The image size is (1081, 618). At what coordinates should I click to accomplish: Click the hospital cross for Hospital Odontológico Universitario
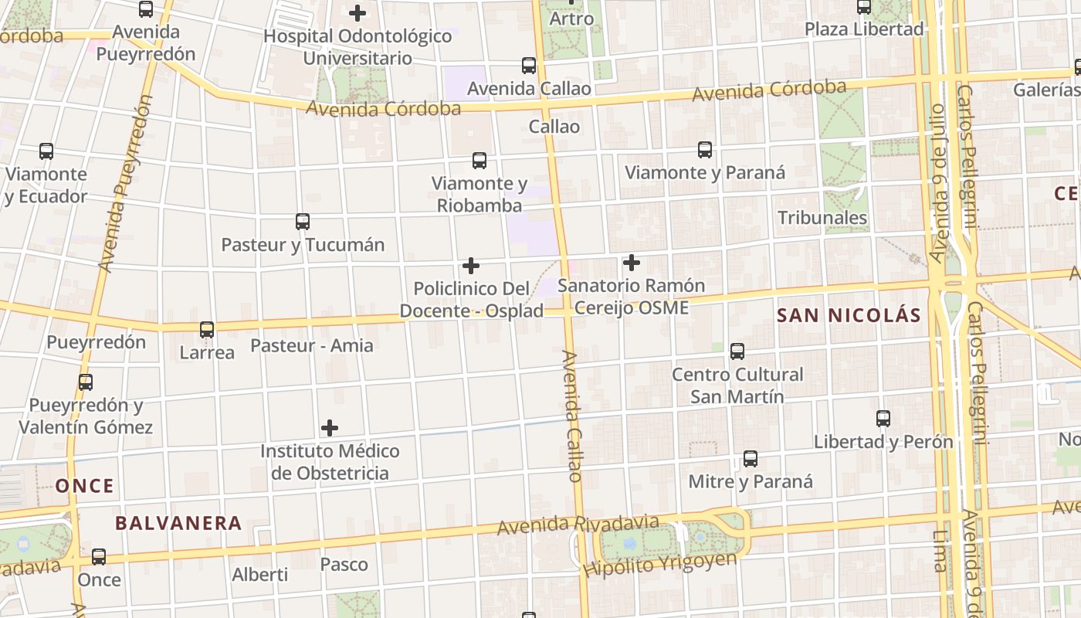coord(358,13)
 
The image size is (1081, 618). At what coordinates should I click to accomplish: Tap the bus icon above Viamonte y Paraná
coord(705,150)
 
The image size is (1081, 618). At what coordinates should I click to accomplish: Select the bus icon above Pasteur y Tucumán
coord(303,222)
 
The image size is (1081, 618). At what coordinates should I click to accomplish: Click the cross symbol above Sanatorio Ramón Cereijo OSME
coord(632,263)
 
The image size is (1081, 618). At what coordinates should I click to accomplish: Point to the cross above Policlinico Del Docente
coord(471,267)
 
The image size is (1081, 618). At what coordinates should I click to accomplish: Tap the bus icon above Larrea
coord(207,330)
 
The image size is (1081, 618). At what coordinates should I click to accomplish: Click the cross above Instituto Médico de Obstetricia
coord(330,428)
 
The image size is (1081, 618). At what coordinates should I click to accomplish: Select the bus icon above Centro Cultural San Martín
coord(737,351)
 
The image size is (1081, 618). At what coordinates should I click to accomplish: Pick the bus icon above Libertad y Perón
coord(883,419)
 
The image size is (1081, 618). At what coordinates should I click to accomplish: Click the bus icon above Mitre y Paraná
coord(751,459)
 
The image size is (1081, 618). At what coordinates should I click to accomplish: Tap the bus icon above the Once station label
coord(99,556)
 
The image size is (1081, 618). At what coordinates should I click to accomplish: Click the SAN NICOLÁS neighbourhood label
coord(849,315)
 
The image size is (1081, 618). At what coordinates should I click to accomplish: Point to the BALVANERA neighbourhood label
coord(178,523)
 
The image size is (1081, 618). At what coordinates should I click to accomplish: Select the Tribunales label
coord(822,218)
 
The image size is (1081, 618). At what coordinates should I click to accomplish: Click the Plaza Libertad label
coord(864,29)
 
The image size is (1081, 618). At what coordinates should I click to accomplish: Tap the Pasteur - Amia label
coord(312,345)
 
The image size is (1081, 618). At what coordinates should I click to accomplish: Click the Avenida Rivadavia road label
coord(578,525)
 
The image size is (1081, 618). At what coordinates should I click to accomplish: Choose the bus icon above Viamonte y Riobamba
coord(480,161)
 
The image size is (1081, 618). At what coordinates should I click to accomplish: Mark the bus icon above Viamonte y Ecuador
coord(46,151)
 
